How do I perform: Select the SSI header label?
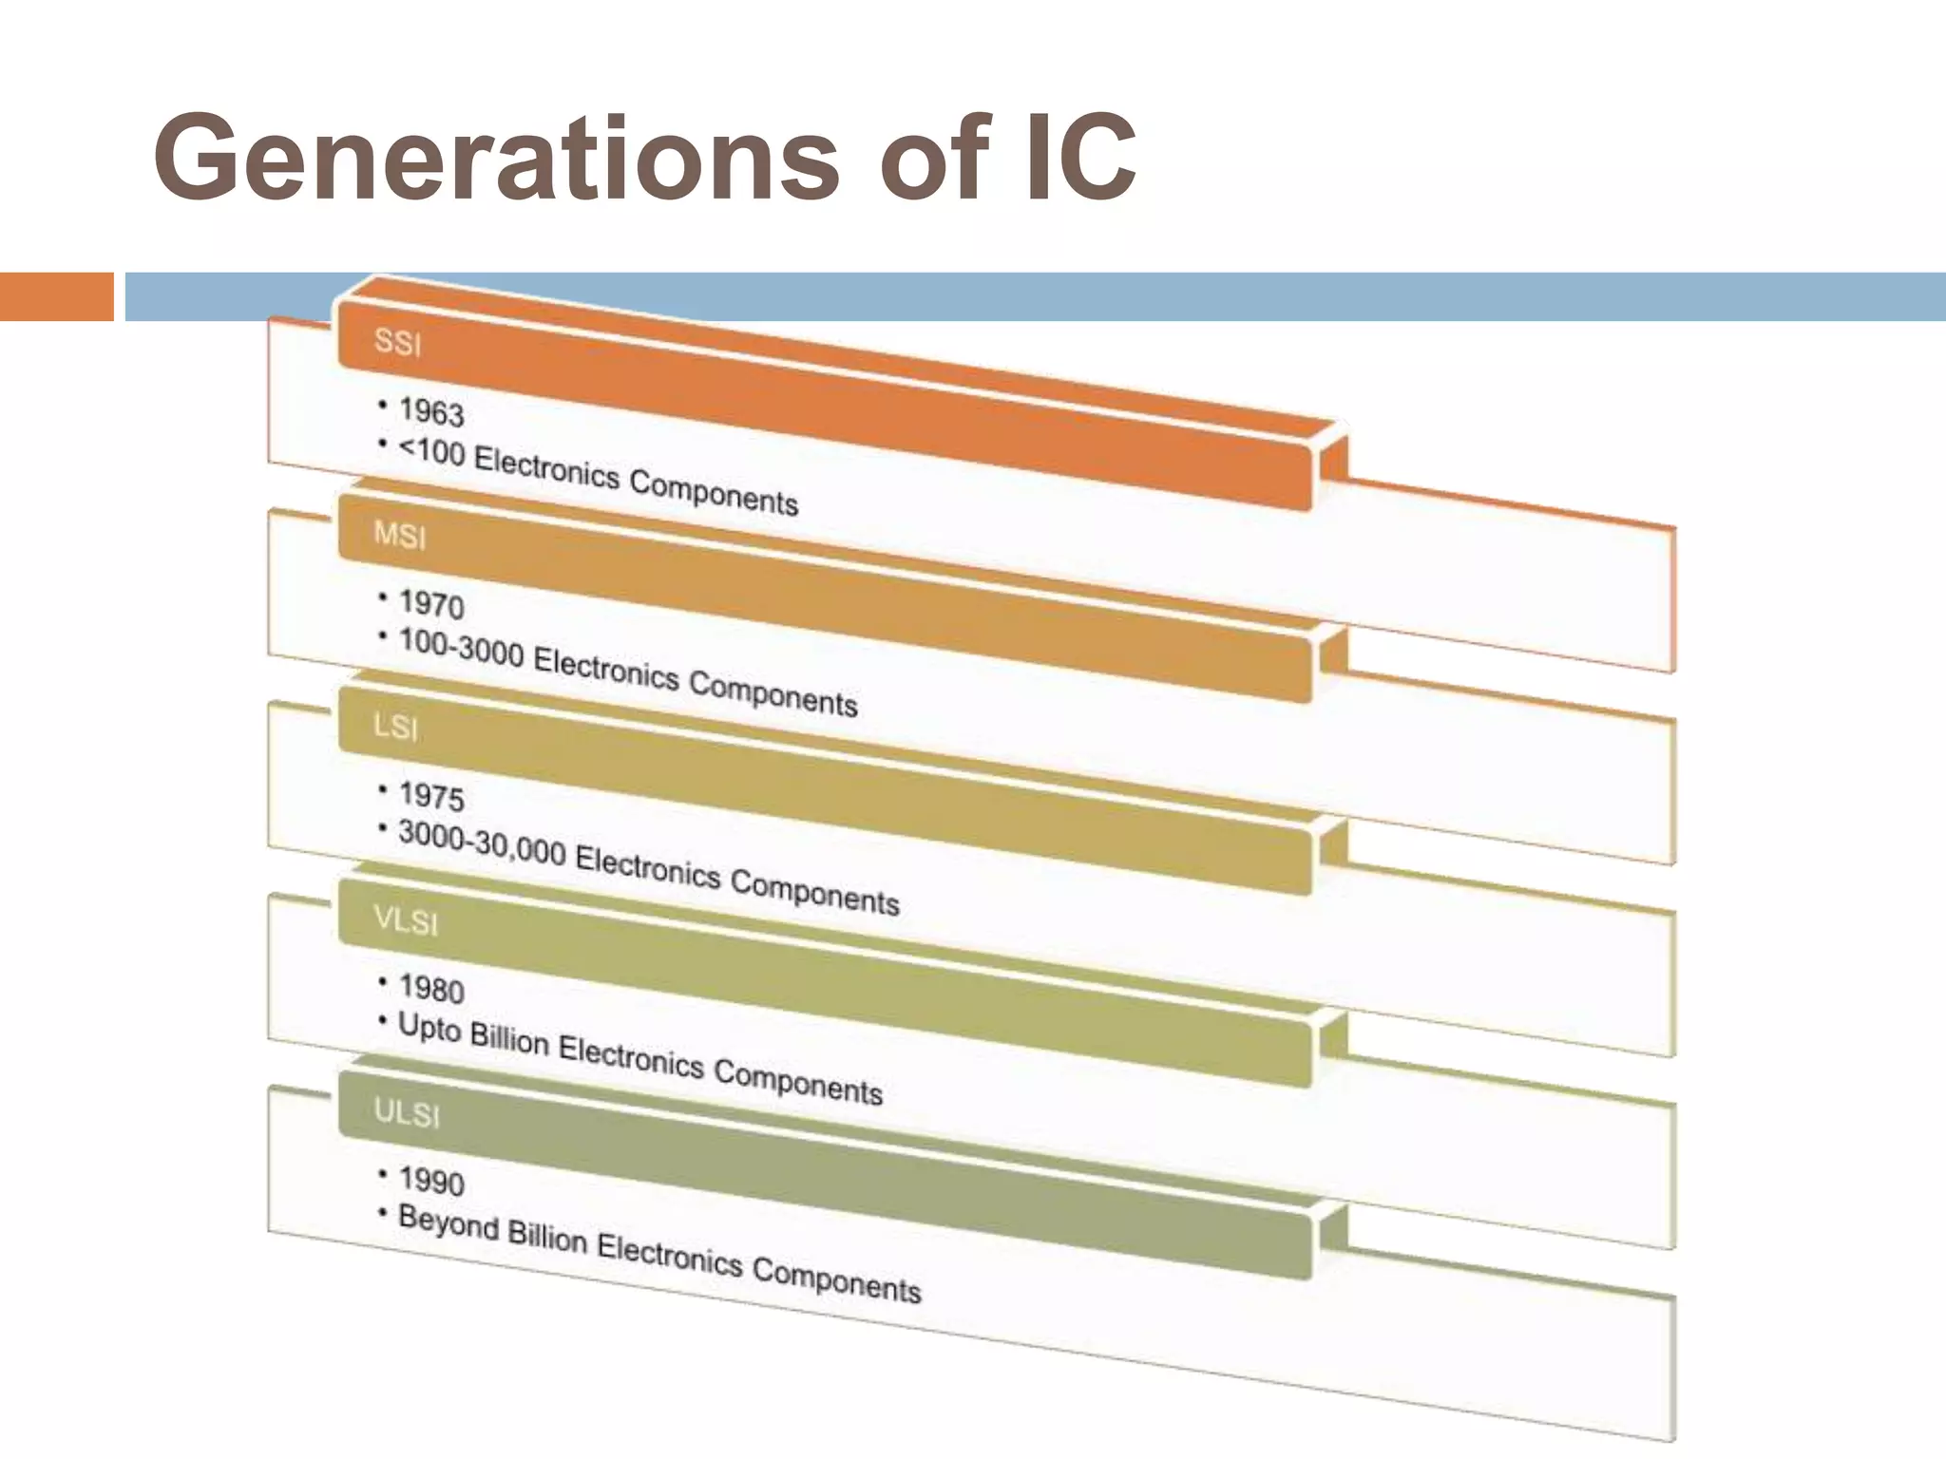click(397, 342)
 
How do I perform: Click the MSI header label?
click(400, 536)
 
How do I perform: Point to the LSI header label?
click(395, 728)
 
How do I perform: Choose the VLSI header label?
click(406, 920)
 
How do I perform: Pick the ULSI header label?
click(407, 1112)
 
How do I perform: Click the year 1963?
click(431, 412)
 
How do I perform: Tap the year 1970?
click(431, 604)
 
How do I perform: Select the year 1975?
click(431, 796)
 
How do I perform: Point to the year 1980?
click(431, 989)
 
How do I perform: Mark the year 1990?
click(431, 1181)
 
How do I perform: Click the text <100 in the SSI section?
click(432, 452)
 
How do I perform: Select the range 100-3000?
click(462, 648)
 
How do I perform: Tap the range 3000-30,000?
click(482, 843)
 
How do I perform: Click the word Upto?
click(429, 1029)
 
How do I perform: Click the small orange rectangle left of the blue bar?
click(56, 296)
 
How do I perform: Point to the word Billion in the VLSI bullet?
click(510, 1039)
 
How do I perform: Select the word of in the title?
click(935, 160)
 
